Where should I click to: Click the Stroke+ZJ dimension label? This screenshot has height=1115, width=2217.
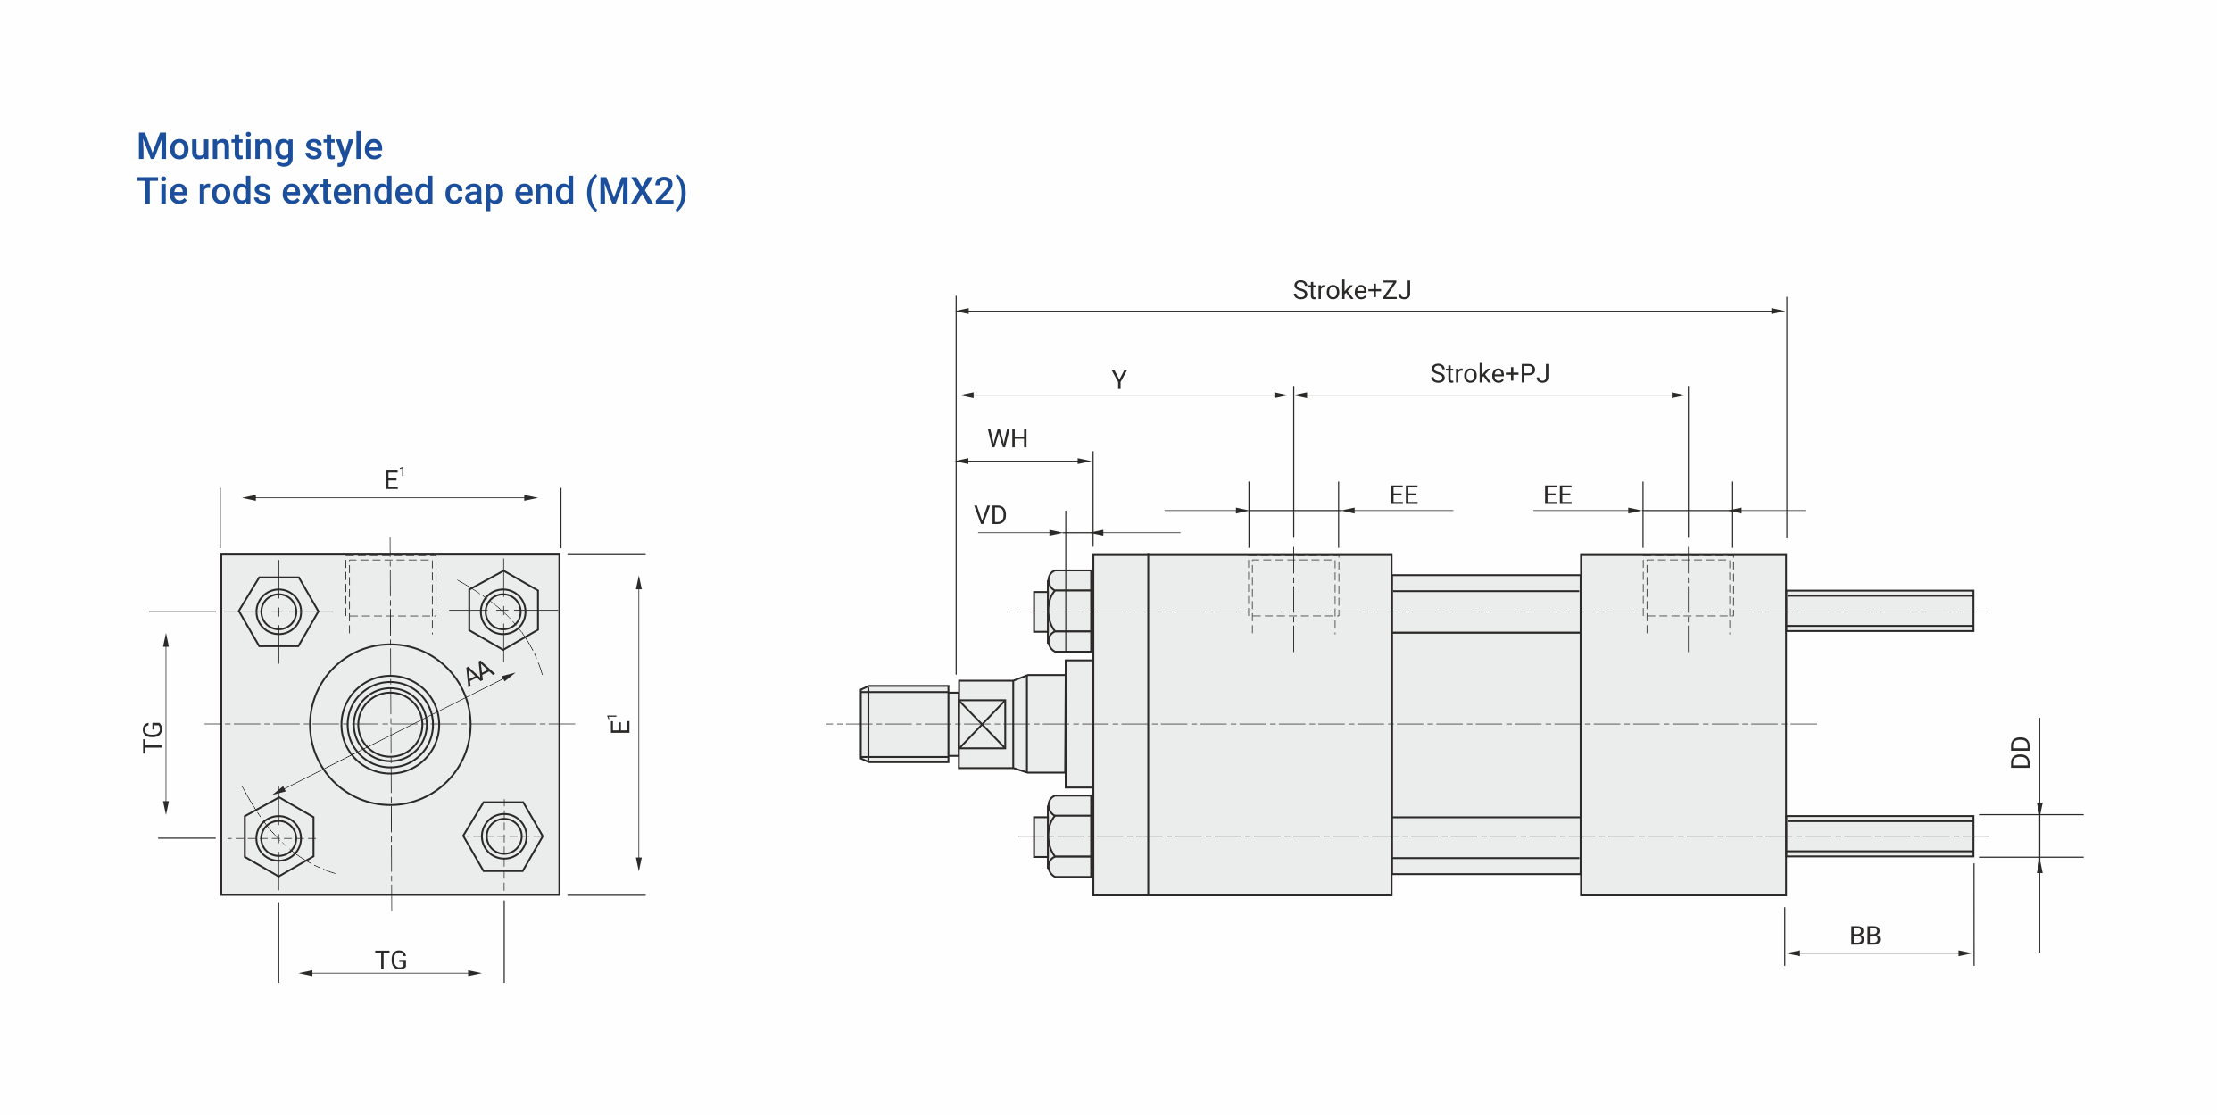click(1351, 290)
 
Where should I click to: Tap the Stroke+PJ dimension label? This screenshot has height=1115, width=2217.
click(1490, 373)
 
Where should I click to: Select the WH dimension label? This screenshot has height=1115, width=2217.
click(1008, 438)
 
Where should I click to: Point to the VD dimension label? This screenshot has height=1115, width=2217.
click(990, 515)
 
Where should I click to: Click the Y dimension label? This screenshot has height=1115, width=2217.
click(1119, 379)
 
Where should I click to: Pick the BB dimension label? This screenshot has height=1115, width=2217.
click(1865, 936)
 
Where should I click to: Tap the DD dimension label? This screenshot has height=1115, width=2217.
click(2021, 753)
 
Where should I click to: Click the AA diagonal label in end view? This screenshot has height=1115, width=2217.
click(479, 672)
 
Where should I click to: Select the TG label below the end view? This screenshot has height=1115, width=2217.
click(391, 960)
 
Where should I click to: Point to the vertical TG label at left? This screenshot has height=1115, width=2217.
click(153, 737)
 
